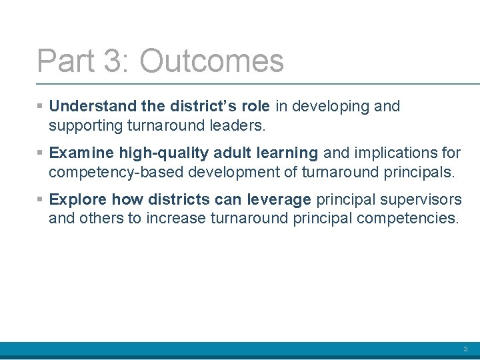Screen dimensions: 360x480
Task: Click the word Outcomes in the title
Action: pos(211,61)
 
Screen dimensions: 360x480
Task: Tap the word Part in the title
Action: pos(65,61)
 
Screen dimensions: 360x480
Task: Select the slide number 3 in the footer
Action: pos(465,349)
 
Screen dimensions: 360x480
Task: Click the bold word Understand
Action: pos(93,106)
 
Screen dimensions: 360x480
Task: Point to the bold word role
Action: pos(254,106)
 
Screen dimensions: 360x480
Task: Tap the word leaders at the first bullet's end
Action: pos(237,125)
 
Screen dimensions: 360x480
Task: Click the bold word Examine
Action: pos(82,153)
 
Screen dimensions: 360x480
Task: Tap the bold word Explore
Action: pos(78,199)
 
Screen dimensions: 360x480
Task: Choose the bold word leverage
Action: pos(279,199)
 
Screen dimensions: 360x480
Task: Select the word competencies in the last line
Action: pos(412,219)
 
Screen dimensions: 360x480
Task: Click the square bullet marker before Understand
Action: pos(41,107)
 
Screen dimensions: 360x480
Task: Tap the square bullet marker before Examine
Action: pos(41,153)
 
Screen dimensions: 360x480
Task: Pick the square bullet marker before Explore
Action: pos(41,200)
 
